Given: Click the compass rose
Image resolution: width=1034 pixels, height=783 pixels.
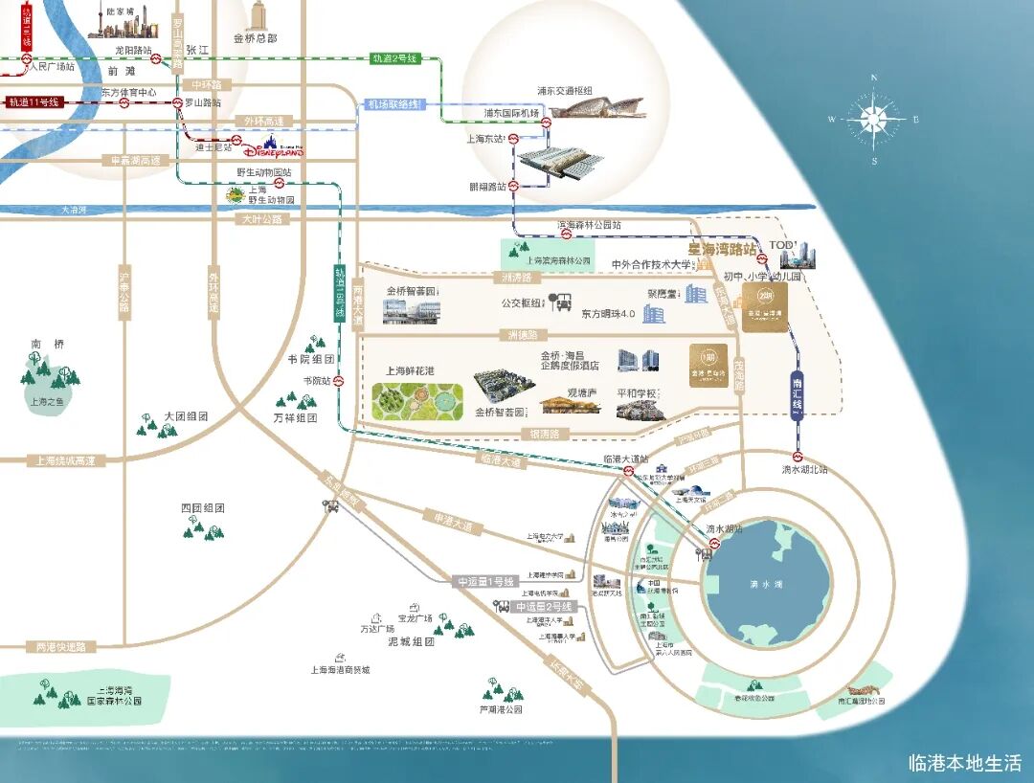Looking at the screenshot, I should [x=873, y=120].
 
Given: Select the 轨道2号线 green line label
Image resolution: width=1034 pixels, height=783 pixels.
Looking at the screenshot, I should [x=394, y=58].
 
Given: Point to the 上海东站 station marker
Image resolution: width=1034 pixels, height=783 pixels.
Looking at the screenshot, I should [x=513, y=139].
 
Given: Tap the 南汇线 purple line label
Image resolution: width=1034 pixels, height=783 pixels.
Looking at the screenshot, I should [x=798, y=395].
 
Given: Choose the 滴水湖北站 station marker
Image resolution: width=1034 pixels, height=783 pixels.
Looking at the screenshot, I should [x=798, y=457].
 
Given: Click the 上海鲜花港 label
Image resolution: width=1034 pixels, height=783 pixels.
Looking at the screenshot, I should [x=410, y=369].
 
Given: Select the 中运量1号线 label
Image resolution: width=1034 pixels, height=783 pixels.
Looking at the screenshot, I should [x=486, y=581].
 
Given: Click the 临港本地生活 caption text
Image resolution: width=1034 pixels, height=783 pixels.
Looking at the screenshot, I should [x=965, y=763].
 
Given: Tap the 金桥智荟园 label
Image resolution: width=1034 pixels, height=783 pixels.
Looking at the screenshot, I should [x=411, y=291].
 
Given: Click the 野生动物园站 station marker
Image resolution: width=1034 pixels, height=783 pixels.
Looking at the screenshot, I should [x=279, y=182].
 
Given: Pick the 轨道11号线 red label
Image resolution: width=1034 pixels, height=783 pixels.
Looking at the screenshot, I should [x=34, y=101].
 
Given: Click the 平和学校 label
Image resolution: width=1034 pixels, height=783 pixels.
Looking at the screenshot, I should [x=637, y=392].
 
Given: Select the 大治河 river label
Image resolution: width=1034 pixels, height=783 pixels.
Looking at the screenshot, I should [x=74, y=210].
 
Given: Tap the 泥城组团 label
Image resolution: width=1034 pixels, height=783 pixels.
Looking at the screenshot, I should [x=412, y=641].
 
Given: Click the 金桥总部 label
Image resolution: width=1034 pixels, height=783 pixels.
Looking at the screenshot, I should [x=255, y=38].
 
